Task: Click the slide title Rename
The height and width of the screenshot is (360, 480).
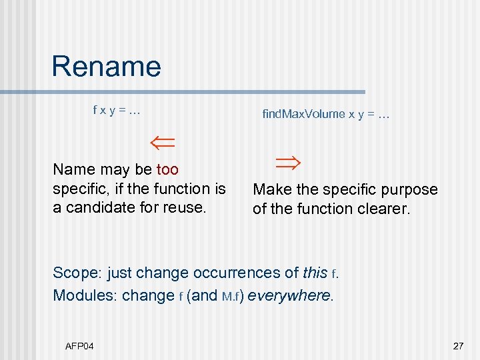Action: coord(106,67)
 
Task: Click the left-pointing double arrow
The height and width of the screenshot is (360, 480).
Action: coord(161,142)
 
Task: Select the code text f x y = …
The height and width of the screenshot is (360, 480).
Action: coord(117,109)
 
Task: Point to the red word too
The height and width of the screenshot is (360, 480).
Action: coord(167,170)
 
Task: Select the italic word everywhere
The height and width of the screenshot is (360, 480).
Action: coord(289,295)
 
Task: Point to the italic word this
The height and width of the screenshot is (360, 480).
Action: coord(315,273)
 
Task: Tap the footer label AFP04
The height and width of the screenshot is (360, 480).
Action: coord(79,346)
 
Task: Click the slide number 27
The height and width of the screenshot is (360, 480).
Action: coord(457,346)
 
